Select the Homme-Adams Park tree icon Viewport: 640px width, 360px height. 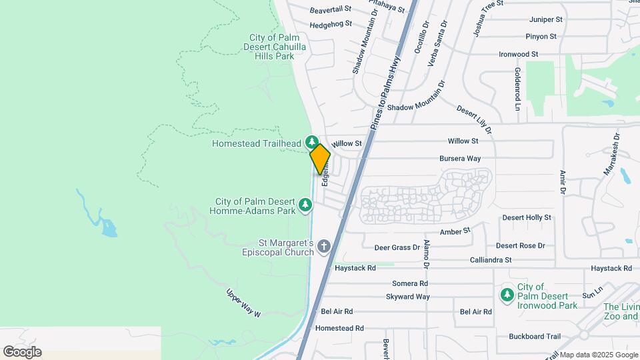click(306, 205)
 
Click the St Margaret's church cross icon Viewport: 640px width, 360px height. click(325, 247)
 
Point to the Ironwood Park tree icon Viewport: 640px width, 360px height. click(507, 294)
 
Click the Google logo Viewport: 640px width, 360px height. click(22, 352)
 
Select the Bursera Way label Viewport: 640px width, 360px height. click(460, 159)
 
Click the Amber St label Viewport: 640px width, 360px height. click(455, 231)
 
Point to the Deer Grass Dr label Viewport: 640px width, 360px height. click(397, 247)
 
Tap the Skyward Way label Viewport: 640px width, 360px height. click(408, 297)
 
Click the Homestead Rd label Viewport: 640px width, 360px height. click(339, 328)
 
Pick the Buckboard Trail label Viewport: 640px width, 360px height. click(535, 337)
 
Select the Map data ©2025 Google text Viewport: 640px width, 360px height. click(598, 355)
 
